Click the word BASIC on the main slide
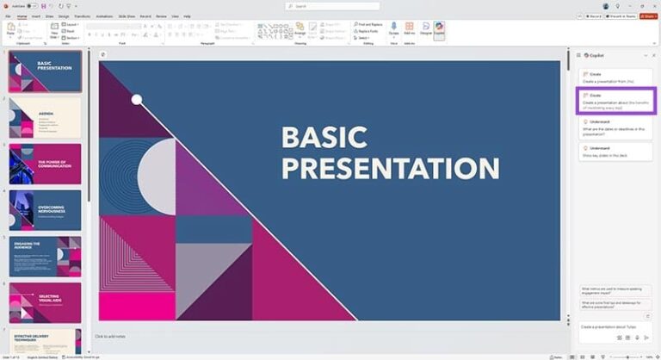click(324, 138)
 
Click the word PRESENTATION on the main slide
click(390, 167)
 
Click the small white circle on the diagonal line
click(137, 100)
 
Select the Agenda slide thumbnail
click(45, 117)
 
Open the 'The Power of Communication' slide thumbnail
click(45, 163)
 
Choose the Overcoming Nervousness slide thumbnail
click(45, 209)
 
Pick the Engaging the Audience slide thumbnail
click(45, 256)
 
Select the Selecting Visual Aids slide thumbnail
click(45, 302)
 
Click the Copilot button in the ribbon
click(439, 29)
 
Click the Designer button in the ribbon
click(425, 29)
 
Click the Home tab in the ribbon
click(22, 16)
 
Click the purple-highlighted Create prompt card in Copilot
click(615, 101)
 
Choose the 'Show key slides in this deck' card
click(615, 152)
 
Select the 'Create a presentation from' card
click(615, 77)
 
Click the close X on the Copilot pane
click(654, 55)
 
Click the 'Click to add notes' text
click(110, 336)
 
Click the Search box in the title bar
click(331, 6)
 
